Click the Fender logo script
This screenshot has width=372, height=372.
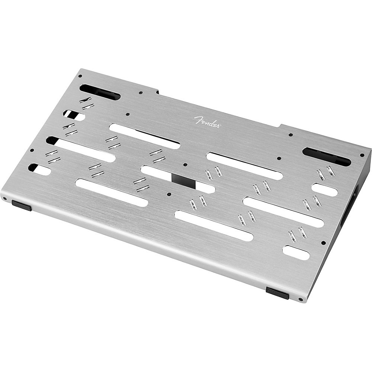207,122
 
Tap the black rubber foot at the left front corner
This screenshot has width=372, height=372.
22,205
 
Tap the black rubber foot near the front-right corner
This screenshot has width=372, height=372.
278,293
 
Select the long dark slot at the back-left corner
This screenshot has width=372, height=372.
100,92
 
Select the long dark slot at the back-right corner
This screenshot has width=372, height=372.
327,157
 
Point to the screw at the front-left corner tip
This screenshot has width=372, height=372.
4,198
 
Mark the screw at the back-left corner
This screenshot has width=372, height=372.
80,76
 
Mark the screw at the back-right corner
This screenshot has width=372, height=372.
362,155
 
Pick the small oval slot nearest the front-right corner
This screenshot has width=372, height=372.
296,253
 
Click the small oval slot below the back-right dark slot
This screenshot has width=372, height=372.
324,190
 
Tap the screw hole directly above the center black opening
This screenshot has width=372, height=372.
185,164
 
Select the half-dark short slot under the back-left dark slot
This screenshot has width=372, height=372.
74,115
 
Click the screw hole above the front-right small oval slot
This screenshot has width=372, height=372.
323,243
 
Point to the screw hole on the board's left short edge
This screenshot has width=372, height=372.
32,150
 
